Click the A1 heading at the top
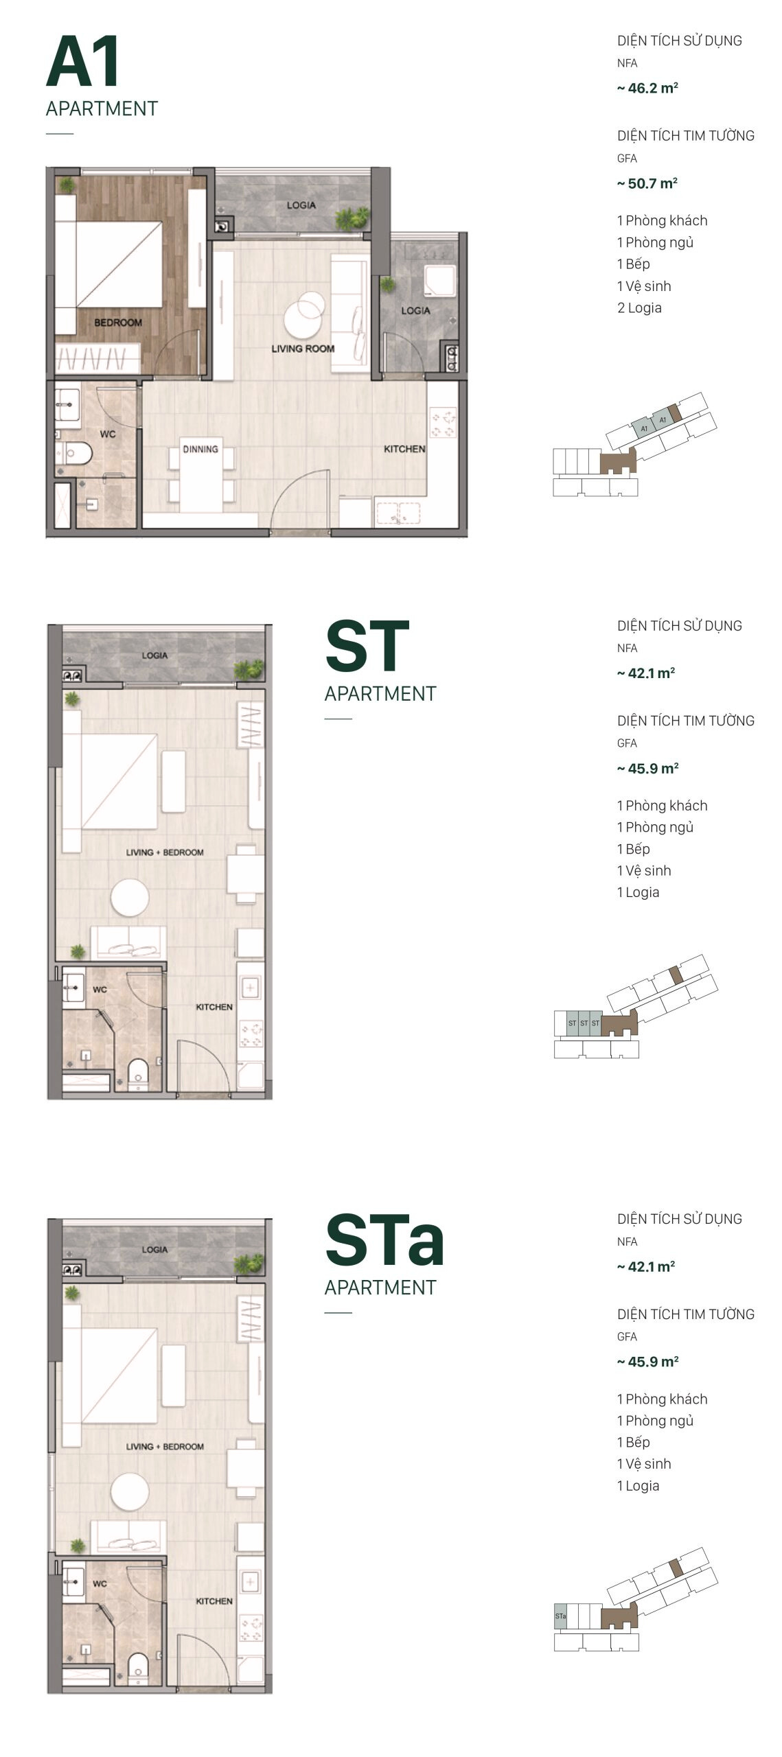tap(83, 62)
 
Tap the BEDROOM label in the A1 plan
tap(118, 323)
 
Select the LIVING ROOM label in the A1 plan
tap(303, 349)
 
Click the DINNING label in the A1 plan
tap(200, 449)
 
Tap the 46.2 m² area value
tap(647, 89)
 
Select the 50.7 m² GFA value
tap(647, 183)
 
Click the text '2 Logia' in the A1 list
tap(639, 307)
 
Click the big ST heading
tap(367, 646)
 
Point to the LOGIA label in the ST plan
tap(154, 655)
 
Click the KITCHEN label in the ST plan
tap(214, 1007)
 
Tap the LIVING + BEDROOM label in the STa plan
tap(165, 1446)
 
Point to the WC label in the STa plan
tap(100, 1583)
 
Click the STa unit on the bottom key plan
tap(560, 1616)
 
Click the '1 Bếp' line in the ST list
tap(633, 849)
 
